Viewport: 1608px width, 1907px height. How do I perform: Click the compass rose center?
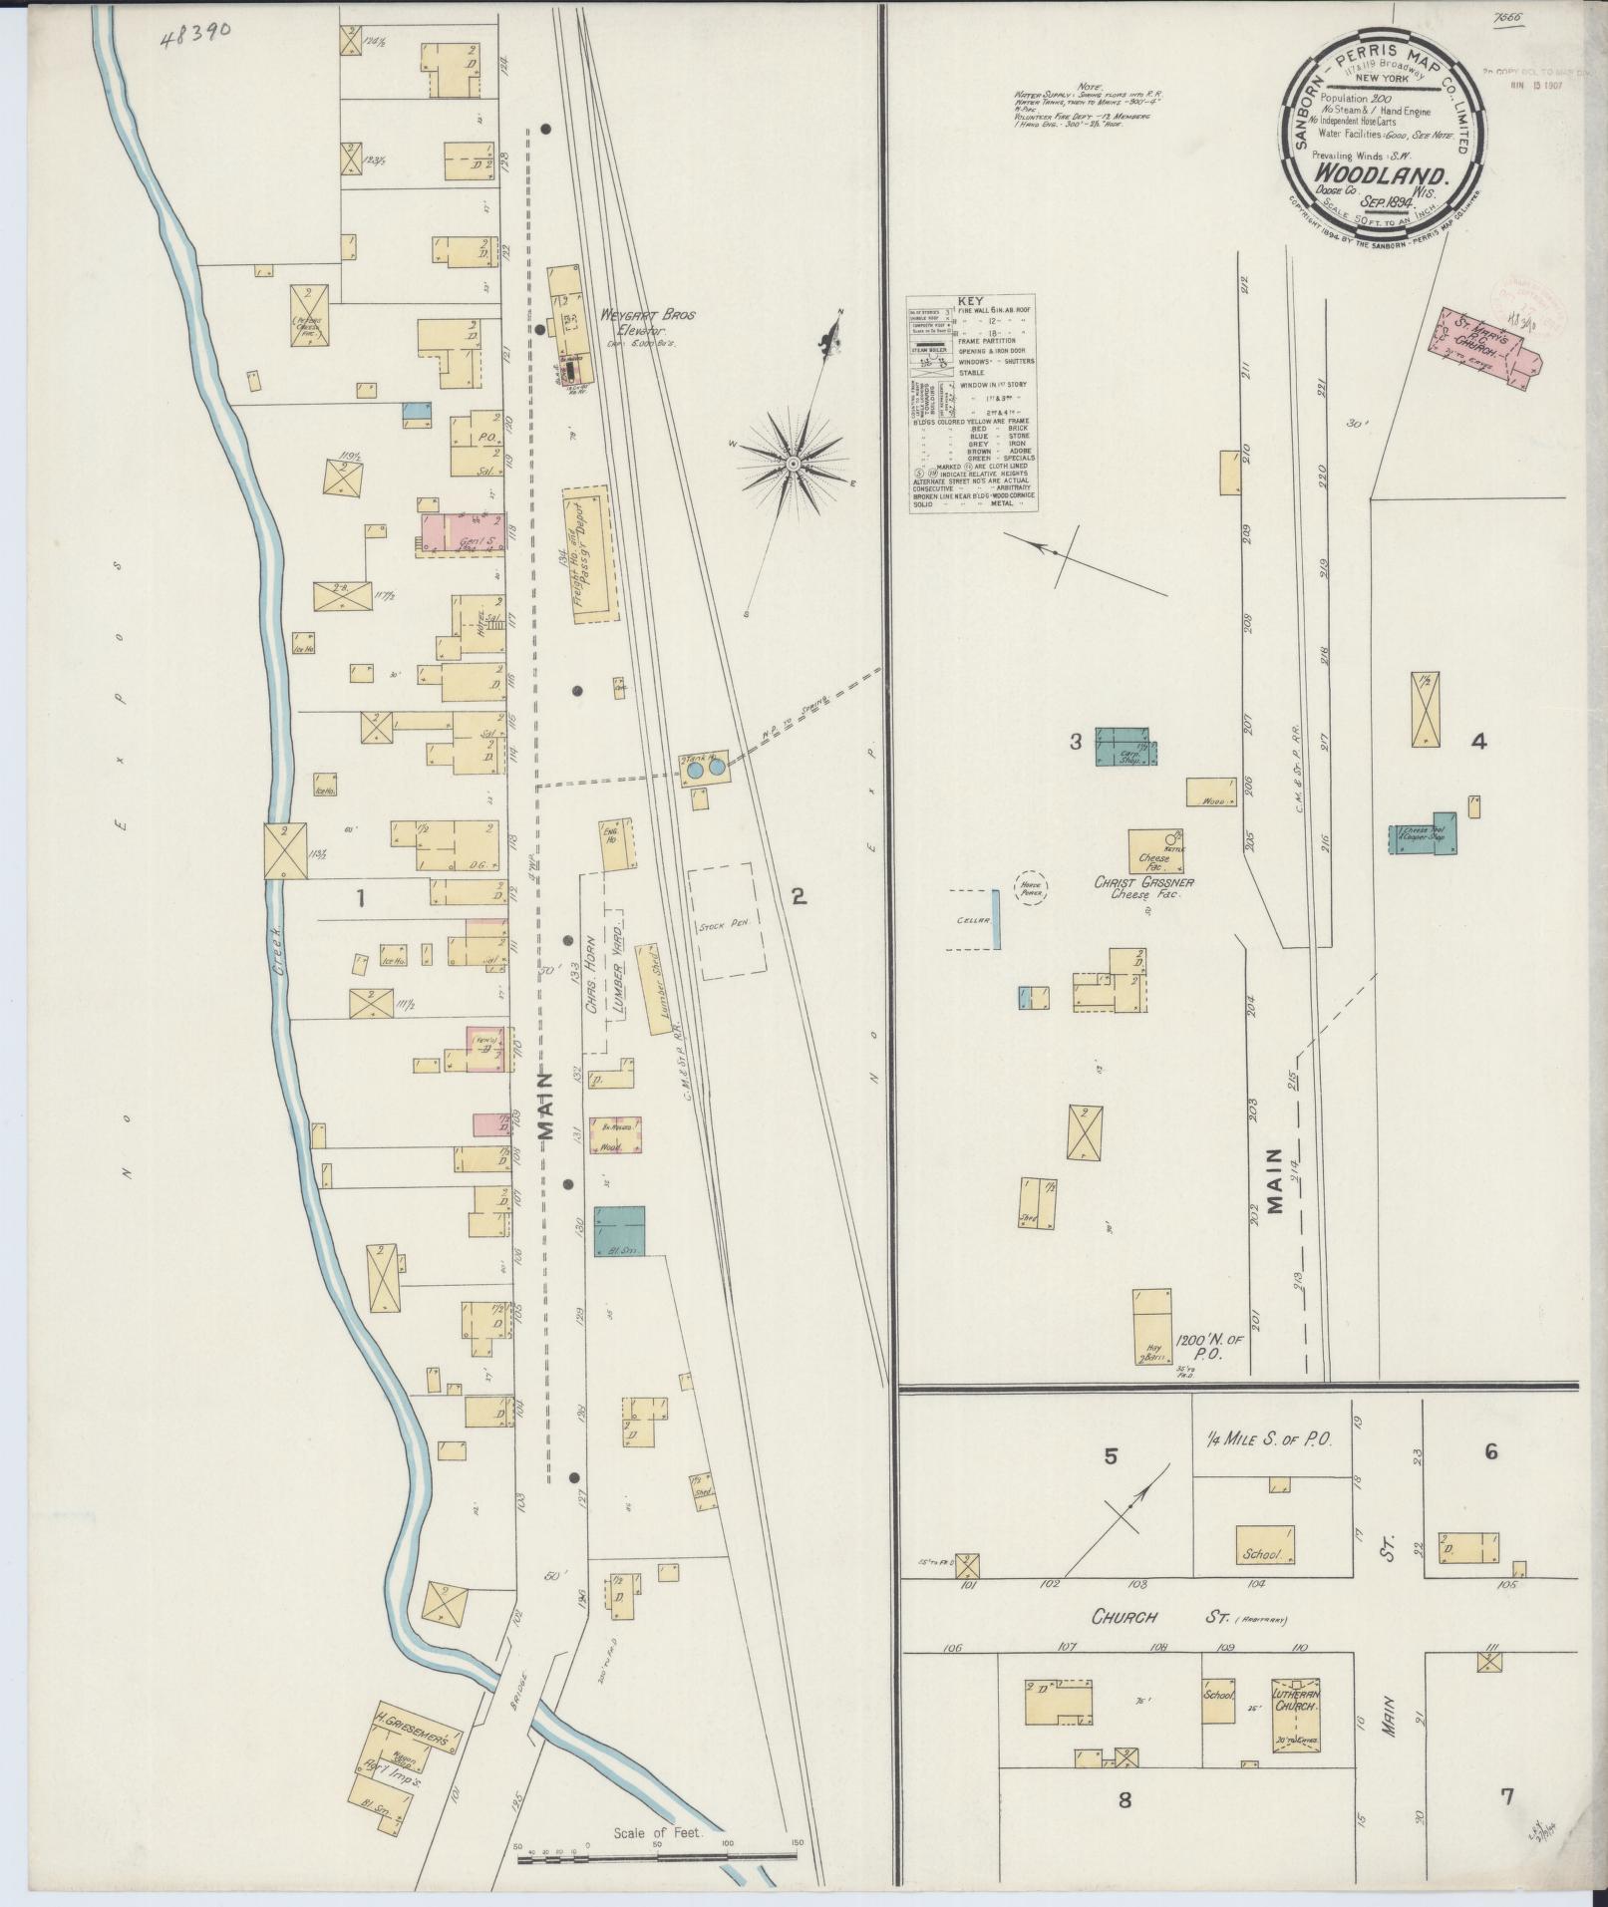793,464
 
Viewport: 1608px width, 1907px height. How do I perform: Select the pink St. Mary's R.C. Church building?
1485,348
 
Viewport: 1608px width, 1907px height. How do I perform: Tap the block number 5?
1110,1457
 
